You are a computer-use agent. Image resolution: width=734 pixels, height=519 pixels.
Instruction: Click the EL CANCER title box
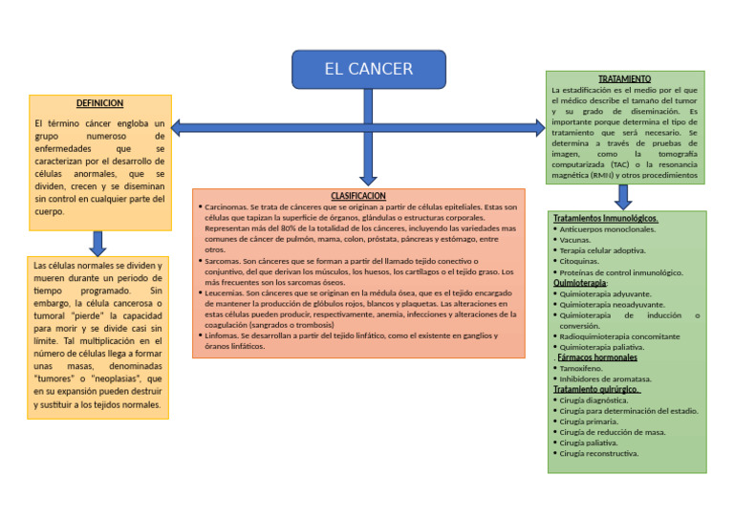coord(368,69)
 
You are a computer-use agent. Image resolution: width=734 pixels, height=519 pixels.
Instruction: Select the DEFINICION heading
coord(99,103)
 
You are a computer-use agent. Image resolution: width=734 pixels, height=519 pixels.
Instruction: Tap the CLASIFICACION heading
coord(358,195)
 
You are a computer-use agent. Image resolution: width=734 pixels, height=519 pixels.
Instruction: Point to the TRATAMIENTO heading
coord(624,78)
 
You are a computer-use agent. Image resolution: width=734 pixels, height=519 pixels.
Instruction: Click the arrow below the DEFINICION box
coord(97,242)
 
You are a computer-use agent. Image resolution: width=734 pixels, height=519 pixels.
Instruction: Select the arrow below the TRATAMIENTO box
coord(623,196)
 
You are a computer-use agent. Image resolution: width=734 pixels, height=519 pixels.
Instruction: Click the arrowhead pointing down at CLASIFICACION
coord(368,179)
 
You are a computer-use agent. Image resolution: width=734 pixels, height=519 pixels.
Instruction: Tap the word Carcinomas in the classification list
coord(227,206)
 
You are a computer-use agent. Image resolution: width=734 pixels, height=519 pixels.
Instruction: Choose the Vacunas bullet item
coord(575,240)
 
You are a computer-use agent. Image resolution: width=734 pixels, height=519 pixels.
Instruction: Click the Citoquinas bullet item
coord(579,261)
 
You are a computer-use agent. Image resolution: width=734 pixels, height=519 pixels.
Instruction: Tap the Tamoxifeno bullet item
coord(582,368)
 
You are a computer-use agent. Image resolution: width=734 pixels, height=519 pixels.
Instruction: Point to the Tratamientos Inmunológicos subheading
coord(605,219)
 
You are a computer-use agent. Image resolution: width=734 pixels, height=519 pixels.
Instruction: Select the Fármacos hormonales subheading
coord(597,357)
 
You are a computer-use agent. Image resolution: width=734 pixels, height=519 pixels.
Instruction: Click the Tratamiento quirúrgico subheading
coord(596,389)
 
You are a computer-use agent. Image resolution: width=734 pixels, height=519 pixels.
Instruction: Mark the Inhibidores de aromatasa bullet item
coord(605,378)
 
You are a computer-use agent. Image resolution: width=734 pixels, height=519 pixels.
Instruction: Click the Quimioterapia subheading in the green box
coord(579,283)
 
